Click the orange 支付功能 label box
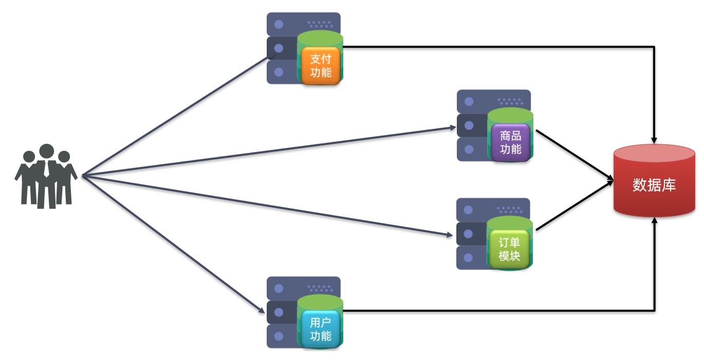pos(321,66)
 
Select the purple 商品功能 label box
pos(510,143)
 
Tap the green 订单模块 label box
pos(509,249)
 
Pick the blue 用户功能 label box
pos(321,329)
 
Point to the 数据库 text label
pos(654,185)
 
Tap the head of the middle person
pos(47,151)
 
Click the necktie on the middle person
pos(47,169)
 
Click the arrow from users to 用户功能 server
pos(172,244)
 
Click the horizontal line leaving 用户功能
pos(493,310)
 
